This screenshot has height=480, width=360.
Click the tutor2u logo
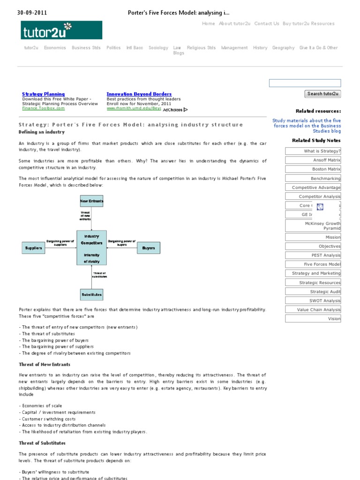(61, 30)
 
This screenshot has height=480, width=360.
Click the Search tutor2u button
(322, 94)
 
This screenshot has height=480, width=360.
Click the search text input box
(305, 83)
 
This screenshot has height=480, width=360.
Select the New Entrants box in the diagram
(91, 201)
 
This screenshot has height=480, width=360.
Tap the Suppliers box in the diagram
(33, 248)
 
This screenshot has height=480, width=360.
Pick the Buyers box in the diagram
(148, 248)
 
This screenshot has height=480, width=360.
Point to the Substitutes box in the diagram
(91, 295)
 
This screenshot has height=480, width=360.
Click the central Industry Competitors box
(91, 247)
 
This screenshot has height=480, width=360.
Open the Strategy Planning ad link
(43, 94)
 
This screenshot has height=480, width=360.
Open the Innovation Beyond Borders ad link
(139, 94)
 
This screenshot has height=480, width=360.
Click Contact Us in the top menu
(266, 23)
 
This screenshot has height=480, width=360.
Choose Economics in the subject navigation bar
(55, 48)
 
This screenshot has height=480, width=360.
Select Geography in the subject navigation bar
(283, 48)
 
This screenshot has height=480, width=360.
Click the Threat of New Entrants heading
(45, 364)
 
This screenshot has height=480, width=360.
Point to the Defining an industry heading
(42, 132)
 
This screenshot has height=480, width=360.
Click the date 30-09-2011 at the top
(32, 13)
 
